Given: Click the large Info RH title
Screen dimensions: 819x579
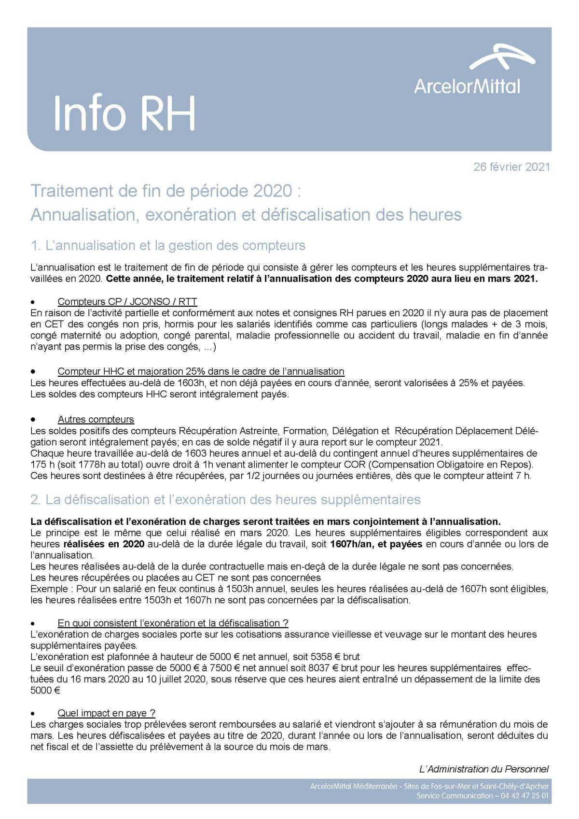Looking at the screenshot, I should coord(124,113).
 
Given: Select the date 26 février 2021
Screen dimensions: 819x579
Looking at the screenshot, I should coord(511,167).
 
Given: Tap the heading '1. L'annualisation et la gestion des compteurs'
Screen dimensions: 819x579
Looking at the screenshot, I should coord(167,245).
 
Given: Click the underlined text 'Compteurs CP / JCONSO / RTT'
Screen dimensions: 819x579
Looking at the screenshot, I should coord(127,302).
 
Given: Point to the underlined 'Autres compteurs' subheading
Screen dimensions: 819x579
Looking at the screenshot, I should coord(96,419).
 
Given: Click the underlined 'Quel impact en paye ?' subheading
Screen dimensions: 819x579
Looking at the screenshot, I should coord(106,713).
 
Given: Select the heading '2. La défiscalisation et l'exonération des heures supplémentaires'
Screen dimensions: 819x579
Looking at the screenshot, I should coord(225,499).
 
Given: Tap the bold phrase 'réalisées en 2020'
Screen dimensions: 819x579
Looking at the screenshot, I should coord(104,544).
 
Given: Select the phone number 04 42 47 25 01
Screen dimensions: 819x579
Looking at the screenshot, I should coord(524,795).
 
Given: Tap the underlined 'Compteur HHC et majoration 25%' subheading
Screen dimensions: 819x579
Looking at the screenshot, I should coord(201,371).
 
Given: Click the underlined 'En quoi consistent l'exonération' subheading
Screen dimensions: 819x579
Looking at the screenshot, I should coord(173,623).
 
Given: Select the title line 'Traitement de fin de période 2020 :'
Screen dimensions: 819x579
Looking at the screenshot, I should coord(165,191).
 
